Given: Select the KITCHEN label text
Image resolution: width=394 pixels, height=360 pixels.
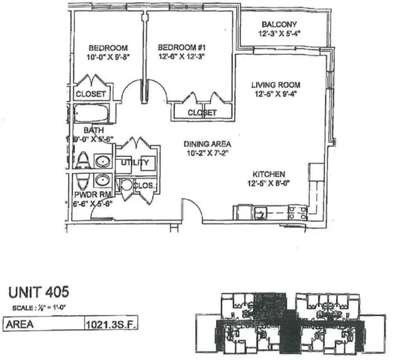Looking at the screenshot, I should (268, 172).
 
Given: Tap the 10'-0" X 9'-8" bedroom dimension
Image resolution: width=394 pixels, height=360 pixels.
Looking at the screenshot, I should (104, 55).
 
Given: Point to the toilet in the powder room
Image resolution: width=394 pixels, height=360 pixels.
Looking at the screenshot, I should (83, 182).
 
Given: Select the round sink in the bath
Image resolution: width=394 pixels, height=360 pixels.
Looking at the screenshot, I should (104, 161).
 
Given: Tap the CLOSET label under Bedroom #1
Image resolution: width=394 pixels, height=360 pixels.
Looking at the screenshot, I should (202, 112).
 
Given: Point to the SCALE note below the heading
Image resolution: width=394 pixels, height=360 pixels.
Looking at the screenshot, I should (42, 309).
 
